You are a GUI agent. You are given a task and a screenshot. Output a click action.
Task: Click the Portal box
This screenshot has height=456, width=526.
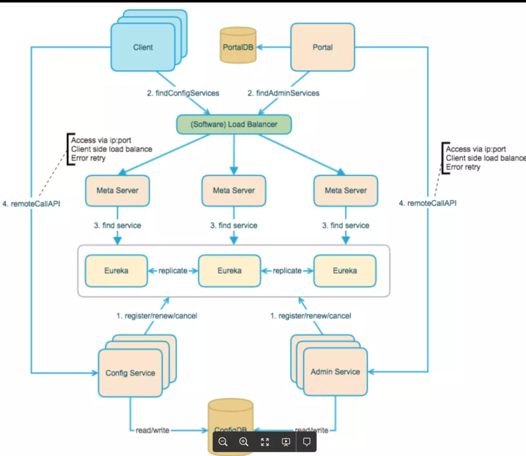(322, 47)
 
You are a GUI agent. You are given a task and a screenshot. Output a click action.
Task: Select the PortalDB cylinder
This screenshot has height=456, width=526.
(238, 46)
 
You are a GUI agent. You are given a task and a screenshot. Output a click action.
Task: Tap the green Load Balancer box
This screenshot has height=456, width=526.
(234, 124)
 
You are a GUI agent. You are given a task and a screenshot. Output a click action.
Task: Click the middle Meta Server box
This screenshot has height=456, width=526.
(234, 190)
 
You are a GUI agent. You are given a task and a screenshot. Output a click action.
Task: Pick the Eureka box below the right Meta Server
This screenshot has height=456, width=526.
(345, 271)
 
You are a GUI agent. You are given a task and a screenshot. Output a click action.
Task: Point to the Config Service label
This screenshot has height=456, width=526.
(130, 373)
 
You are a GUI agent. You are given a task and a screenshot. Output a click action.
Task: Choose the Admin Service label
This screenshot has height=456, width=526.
(335, 372)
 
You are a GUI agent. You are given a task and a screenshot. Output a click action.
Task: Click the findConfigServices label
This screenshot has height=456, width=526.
(183, 92)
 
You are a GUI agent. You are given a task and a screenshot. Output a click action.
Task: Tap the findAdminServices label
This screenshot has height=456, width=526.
(283, 92)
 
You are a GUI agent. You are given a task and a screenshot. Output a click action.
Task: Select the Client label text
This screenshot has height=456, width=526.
(143, 47)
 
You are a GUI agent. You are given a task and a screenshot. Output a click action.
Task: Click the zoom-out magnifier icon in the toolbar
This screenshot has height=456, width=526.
(223, 442)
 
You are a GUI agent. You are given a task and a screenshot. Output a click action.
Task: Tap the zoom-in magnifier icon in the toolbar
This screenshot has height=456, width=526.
(244, 442)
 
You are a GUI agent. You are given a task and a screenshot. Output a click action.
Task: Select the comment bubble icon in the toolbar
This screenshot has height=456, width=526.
(307, 442)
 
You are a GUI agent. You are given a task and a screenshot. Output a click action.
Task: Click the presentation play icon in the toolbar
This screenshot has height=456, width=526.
(286, 442)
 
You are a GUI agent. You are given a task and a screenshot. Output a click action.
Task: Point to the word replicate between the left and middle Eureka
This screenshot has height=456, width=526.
(173, 271)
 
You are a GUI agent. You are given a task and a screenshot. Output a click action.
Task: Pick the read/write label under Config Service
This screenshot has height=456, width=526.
(152, 430)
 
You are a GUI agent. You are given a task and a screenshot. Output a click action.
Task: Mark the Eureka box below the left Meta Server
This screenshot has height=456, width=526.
(116, 271)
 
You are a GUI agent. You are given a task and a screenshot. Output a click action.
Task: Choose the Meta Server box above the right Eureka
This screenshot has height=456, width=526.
(346, 190)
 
